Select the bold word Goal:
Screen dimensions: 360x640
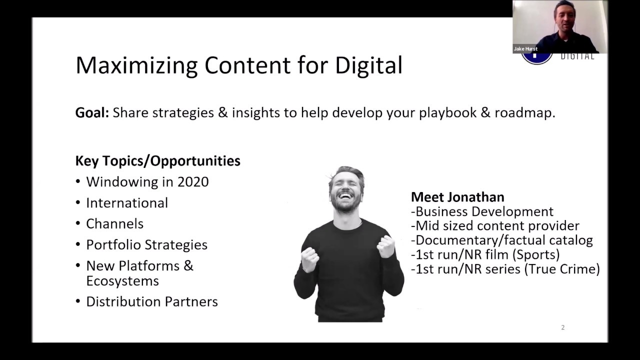[92, 113]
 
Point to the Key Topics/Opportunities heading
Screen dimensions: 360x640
[157, 161]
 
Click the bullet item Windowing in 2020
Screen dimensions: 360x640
[147, 182]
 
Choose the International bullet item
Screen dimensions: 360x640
[127, 203]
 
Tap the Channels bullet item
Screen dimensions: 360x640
[114, 224]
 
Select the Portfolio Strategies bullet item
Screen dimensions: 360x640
[146, 245]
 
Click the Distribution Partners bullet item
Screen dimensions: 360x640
[151, 302]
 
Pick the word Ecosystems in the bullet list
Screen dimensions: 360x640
[122, 281]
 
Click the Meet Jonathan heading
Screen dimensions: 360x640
[457, 197]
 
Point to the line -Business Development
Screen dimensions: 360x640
[482, 211]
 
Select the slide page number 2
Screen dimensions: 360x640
[562, 327]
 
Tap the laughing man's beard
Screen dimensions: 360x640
[346, 204]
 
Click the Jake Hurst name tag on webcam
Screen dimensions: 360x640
[525, 49]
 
